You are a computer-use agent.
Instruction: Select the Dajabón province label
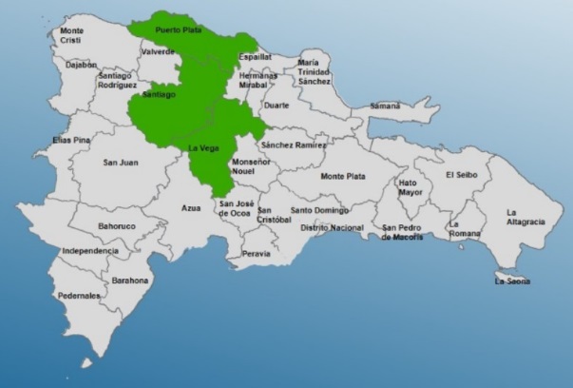[x=56, y=65]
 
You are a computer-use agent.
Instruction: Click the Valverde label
[x=156, y=51]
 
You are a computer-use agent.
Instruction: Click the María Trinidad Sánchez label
[x=314, y=68]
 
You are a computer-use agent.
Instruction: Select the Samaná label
[x=384, y=106]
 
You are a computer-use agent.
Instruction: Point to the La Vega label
[x=203, y=147]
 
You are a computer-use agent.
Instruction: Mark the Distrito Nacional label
[x=332, y=228]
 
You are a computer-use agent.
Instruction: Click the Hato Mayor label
[x=408, y=186]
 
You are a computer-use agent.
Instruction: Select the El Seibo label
[x=464, y=174]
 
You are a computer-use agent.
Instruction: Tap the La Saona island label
[x=512, y=281]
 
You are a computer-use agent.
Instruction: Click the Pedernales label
[x=81, y=296]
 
